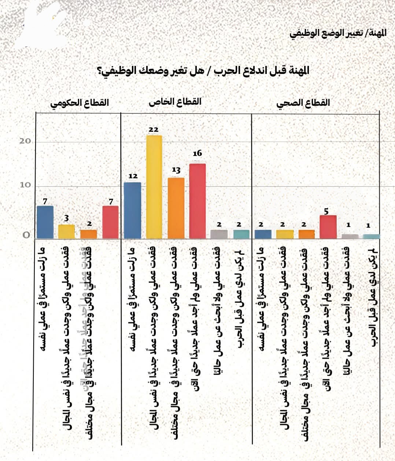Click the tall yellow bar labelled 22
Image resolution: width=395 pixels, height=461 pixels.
click(x=154, y=187)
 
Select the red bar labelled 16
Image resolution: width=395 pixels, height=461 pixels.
click(x=197, y=201)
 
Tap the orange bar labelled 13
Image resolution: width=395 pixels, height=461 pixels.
click(x=176, y=208)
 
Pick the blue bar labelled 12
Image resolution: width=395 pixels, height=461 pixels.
click(x=133, y=210)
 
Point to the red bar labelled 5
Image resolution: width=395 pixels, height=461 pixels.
click(x=328, y=227)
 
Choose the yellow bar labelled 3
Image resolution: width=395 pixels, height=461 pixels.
click(x=66, y=231)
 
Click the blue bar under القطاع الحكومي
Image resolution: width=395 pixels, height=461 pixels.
click(x=45, y=222)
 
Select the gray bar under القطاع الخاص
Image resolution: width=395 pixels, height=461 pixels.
click(x=219, y=234)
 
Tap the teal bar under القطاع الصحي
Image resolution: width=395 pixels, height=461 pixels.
click(x=371, y=236)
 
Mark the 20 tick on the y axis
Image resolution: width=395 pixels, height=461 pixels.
click(x=25, y=141)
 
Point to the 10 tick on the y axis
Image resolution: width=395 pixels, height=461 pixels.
click(x=25, y=185)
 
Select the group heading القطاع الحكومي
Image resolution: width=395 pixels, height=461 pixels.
click(x=80, y=103)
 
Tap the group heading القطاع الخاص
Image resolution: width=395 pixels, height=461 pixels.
click(x=175, y=101)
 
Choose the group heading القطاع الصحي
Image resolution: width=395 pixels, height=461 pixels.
click(x=303, y=103)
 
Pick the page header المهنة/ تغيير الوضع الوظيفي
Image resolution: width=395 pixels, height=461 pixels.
click(x=338, y=33)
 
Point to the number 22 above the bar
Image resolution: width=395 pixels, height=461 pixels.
click(x=154, y=129)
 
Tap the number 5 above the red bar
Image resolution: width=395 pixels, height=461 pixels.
click(x=326, y=211)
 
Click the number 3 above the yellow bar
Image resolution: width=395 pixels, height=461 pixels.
click(x=66, y=219)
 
